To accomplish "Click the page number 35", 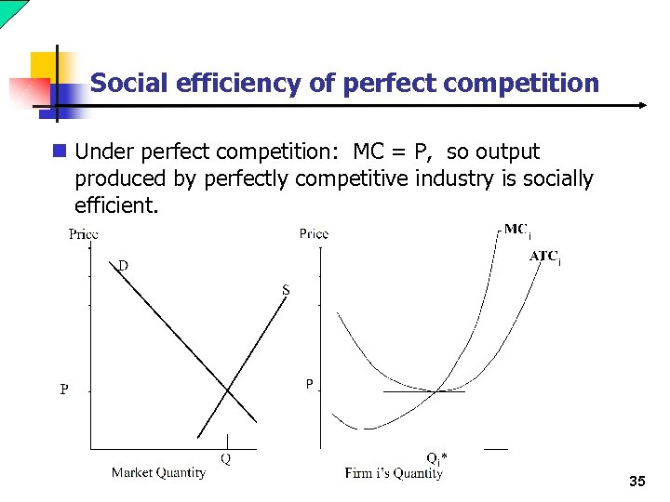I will coord(637,481).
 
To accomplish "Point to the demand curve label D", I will coord(123,266).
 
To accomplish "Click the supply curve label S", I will coord(286,290).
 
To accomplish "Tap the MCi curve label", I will coord(516,230).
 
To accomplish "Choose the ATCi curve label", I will coord(544,257).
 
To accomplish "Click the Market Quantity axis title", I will coord(158,472).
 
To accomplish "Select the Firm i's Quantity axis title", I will coord(394,473).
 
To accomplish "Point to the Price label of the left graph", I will coord(84,234).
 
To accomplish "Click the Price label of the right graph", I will coord(314,233).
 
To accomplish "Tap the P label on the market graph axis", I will coord(64,390).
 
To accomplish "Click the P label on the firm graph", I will coord(310,383).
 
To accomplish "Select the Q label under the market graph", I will coord(225,457).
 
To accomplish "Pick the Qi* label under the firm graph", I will coord(435,457).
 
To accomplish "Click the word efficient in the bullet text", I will coord(116,204).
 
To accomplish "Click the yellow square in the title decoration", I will coord(44,65).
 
